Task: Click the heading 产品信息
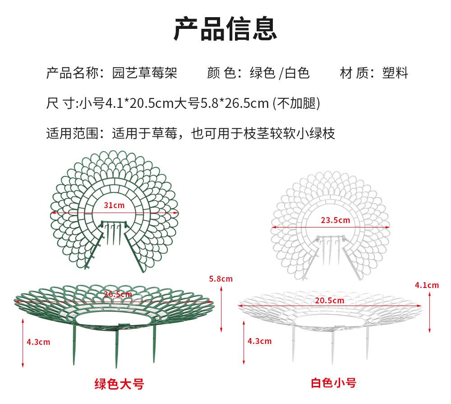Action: pyautogui.click(x=225, y=28)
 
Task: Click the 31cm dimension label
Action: pyautogui.click(x=114, y=205)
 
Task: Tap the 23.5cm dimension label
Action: pyautogui.click(x=335, y=220)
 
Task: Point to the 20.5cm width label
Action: pyautogui.click(x=329, y=300)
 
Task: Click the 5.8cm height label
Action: pyautogui.click(x=221, y=279)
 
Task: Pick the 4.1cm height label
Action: pyautogui.click(x=427, y=285)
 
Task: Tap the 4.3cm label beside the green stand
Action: pyautogui.click(x=38, y=342)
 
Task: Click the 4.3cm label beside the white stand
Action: pyautogui.click(x=260, y=341)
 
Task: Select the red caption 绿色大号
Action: pyautogui.click(x=119, y=384)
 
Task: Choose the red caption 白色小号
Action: pyautogui.click(x=334, y=383)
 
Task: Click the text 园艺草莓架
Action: pyautogui.click(x=144, y=73)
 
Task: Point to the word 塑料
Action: pyautogui.click(x=395, y=73)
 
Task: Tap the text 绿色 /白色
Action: pyautogui.click(x=280, y=73)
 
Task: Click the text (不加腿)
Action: pyautogui.click(x=296, y=103)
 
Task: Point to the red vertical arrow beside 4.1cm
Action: pyautogui.click(x=429, y=314)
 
